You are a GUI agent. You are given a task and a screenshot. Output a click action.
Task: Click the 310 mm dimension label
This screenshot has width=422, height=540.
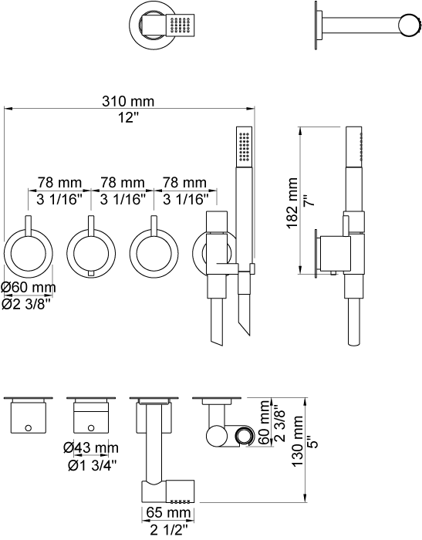[x=128, y=101]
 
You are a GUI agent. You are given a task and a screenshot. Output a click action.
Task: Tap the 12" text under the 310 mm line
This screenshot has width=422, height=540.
[x=128, y=118]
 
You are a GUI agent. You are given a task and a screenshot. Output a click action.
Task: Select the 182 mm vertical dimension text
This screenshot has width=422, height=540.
[x=292, y=203]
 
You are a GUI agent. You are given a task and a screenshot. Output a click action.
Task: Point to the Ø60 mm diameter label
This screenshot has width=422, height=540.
[x=29, y=287]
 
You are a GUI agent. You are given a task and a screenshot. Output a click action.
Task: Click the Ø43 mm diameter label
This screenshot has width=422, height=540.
[x=91, y=447]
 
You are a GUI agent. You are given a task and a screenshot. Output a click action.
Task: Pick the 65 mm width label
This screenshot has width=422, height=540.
[x=168, y=512]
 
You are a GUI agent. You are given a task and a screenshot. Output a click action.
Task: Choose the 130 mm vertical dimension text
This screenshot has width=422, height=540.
[x=298, y=441]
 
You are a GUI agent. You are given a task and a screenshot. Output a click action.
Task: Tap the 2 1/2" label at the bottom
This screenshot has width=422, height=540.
[x=169, y=530]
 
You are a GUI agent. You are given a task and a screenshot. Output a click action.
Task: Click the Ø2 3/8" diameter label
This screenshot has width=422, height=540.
[x=26, y=304]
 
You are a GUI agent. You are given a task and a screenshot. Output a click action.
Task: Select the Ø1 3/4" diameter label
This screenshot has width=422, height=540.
[x=93, y=465]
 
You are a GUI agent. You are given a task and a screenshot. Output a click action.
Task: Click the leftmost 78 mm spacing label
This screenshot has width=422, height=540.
[x=59, y=182]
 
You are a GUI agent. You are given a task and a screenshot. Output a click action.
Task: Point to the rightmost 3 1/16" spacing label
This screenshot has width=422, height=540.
[x=186, y=199]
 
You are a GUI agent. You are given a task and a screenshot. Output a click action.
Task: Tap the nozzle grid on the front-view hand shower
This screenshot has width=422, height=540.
[x=245, y=147]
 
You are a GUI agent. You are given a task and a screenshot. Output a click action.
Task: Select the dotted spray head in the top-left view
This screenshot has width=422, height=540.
[x=181, y=25]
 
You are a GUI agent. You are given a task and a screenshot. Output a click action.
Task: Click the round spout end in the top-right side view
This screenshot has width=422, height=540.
[x=409, y=25]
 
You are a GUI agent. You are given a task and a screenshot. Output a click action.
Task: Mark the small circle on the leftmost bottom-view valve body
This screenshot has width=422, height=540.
[x=29, y=428]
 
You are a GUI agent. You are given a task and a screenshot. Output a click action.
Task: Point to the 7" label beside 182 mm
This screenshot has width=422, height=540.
[x=309, y=200]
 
